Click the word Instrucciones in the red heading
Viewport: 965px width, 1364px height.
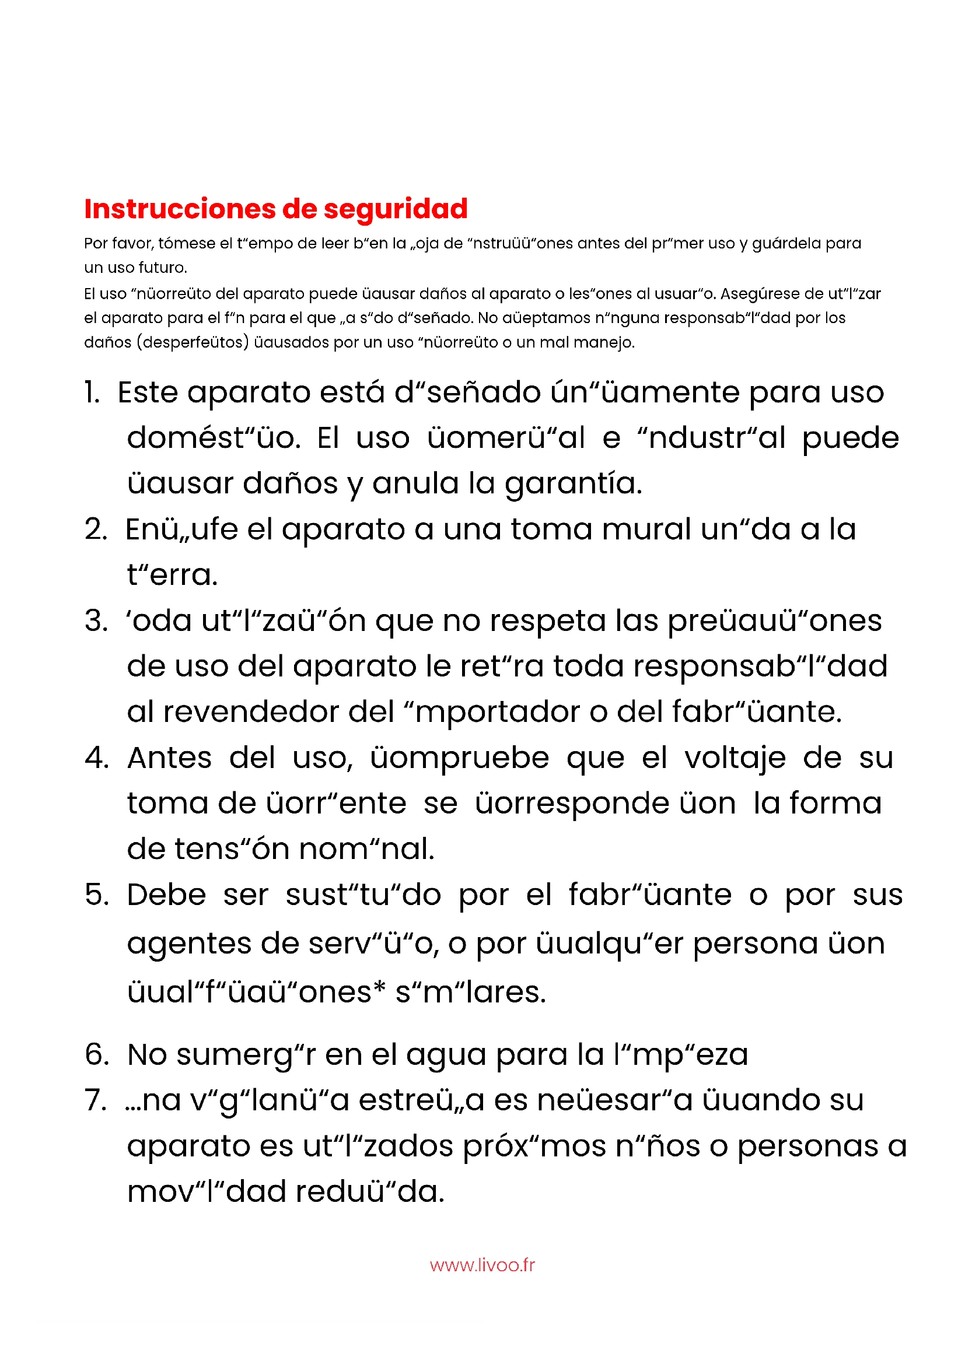pyautogui.click(x=180, y=209)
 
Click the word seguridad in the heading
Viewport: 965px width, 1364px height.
pyautogui.click(x=395, y=209)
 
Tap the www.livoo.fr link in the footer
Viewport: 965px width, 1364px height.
pyautogui.click(x=482, y=1265)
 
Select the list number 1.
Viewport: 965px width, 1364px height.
pyautogui.click(x=92, y=392)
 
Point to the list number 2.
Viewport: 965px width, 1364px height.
pyautogui.click(x=96, y=530)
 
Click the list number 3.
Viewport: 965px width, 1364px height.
pyautogui.click(x=96, y=621)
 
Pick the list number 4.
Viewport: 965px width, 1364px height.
pyautogui.click(x=96, y=758)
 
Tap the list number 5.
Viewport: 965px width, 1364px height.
pyautogui.click(x=96, y=895)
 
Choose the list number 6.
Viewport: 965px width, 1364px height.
pyautogui.click(x=96, y=1054)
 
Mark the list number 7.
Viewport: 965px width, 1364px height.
pyautogui.click(x=95, y=1100)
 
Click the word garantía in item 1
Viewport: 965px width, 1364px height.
pyautogui.click(x=573, y=483)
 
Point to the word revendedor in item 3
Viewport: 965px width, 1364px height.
pyautogui.click(x=249, y=711)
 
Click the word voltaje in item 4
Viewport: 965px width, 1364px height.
pyautogui.click(x=735, y=758)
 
